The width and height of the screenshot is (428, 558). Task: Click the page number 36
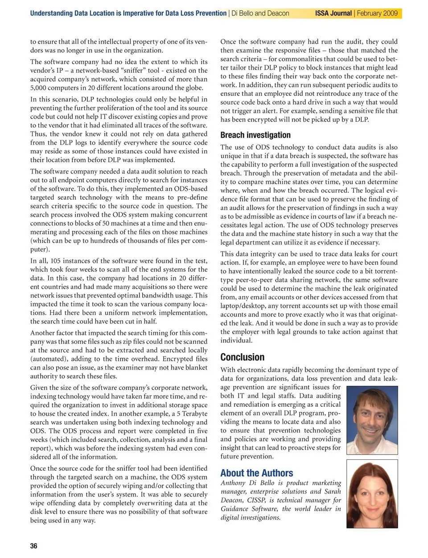click(34, 546)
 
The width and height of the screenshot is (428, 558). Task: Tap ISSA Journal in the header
click(333, 13)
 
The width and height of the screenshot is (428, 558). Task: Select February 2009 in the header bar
click(377, 13)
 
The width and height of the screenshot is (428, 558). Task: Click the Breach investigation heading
click(255, 135)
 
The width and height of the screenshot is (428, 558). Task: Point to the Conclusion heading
click(242, 357)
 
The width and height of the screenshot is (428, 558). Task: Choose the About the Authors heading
click(256, 473)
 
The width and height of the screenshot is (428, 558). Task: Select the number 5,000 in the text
click(40, 88)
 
